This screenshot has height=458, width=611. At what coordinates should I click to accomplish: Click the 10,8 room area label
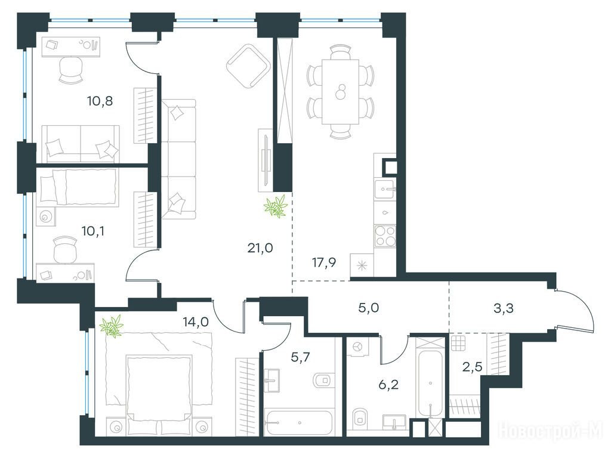[x=100, y=101]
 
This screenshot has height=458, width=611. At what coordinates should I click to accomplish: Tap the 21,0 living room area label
[x=260, y=247]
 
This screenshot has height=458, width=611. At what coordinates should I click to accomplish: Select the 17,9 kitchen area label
[x=324, y=263]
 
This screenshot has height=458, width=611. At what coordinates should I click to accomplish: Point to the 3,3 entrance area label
[x=503, y=308]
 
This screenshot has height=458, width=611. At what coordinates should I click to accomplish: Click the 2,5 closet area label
[x=473, y=367]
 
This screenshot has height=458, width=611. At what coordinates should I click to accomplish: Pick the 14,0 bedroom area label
[x=196, y=321]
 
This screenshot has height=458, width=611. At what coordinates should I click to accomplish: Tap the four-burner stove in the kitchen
[x=385, y=236]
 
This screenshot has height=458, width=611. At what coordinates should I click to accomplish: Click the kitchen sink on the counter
[x=385, y=190]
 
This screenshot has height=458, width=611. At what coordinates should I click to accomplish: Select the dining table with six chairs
[x=340, y=92]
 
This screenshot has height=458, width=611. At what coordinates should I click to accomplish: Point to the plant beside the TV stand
[x=276, y=206]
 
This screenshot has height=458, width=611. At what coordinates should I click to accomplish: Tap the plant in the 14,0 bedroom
[x=112, y=326]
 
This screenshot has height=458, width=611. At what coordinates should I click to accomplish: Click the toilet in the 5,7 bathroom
[x=323, y=380]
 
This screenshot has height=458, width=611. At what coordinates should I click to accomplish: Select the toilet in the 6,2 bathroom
[x=360, y=418]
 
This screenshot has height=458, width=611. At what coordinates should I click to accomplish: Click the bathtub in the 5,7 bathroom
[x=298, y=422]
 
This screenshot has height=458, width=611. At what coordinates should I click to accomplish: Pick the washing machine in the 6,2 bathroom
[x=358, y=346]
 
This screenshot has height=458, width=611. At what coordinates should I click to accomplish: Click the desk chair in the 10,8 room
[x=71, y=69]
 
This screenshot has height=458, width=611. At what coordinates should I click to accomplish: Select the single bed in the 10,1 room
[x=78, y=187]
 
